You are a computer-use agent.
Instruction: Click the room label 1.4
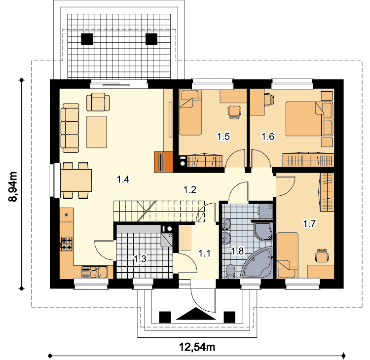point(123,180)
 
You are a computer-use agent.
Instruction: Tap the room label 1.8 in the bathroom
point(237,251)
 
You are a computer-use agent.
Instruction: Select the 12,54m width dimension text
point(197,347)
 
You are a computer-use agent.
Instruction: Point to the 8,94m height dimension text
point(13,187)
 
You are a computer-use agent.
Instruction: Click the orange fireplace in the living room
point(163,162)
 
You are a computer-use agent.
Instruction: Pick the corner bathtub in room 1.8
point(257,263)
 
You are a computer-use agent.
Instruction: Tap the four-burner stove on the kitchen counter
point(66,244)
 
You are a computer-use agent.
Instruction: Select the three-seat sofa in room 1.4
point(70,128)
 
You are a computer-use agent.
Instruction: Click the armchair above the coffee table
point(98,102)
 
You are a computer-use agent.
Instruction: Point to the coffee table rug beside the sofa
point(97,132)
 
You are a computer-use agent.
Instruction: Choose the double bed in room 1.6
point(309,119)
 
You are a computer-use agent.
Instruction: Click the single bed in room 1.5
point(190,112)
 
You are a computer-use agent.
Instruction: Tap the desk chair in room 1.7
point(322,255)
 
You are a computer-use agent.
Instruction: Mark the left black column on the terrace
point(87,39)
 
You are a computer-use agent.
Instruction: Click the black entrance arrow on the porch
point(196,314)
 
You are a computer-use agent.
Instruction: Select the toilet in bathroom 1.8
point(230,272)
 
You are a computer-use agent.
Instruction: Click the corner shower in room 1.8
point(263,231)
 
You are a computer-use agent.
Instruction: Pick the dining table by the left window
point(76,180)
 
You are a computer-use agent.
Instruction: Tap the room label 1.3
point(140,259)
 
